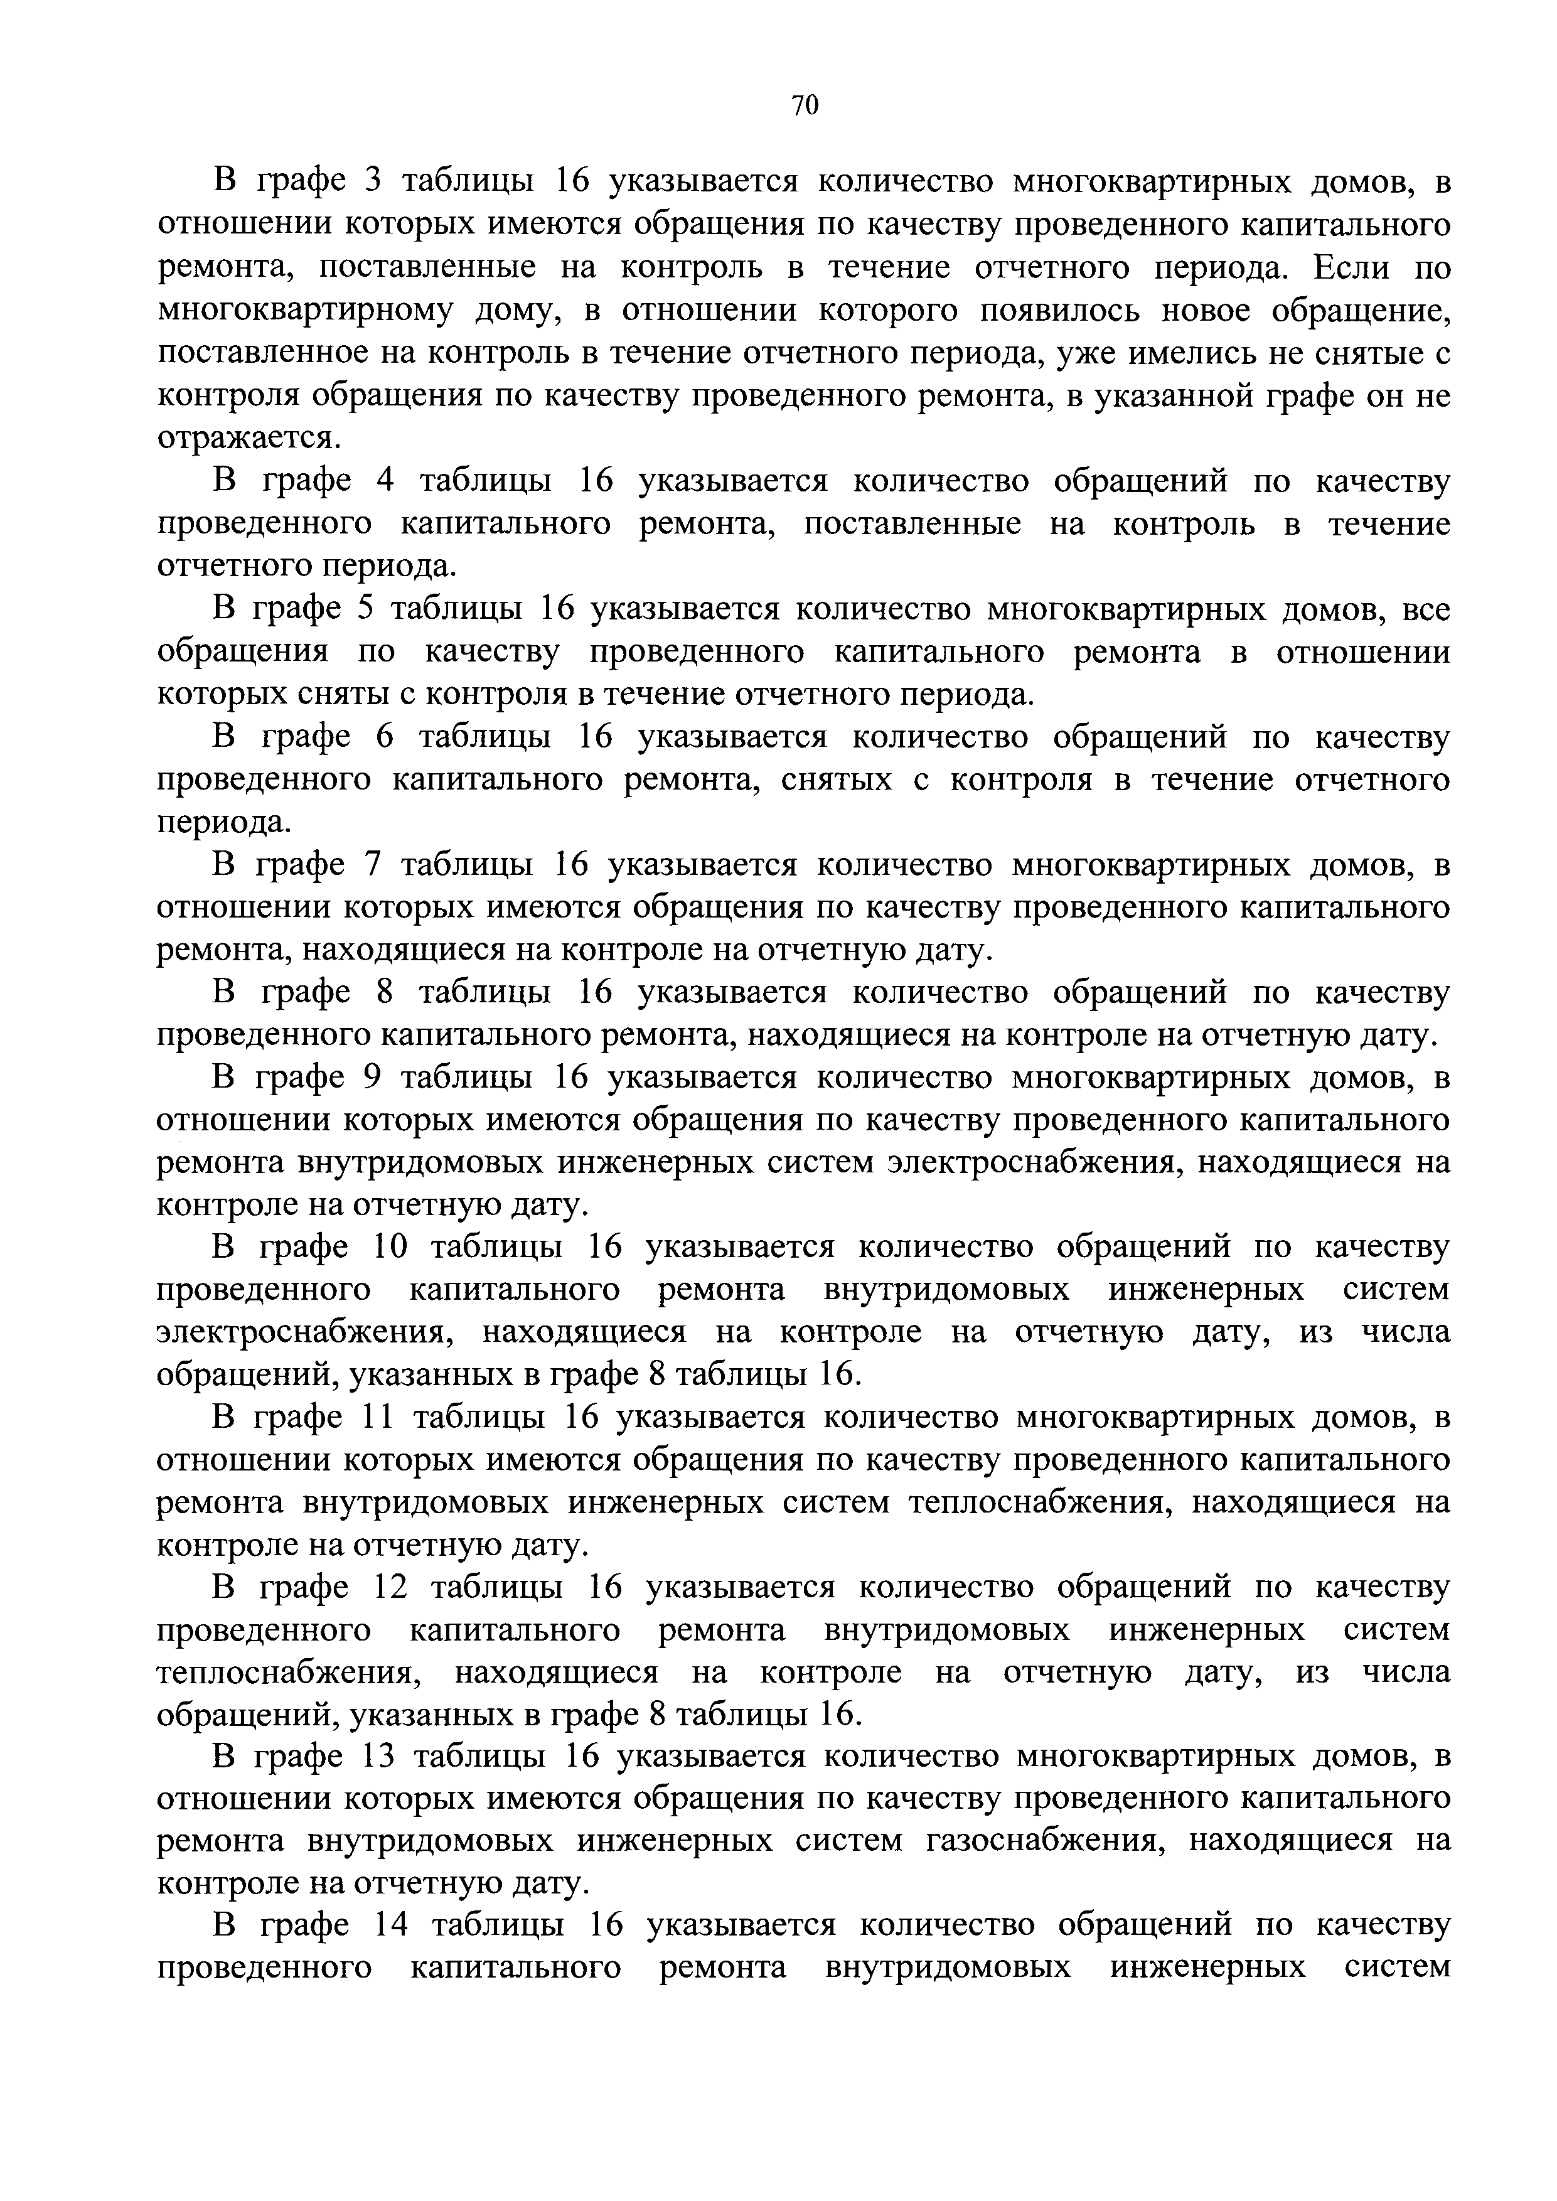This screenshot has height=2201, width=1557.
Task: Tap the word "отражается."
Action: (249, 438)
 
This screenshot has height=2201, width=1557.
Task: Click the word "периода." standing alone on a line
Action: (222, 823)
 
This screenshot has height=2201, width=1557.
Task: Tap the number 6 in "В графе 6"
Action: (385, 737)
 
